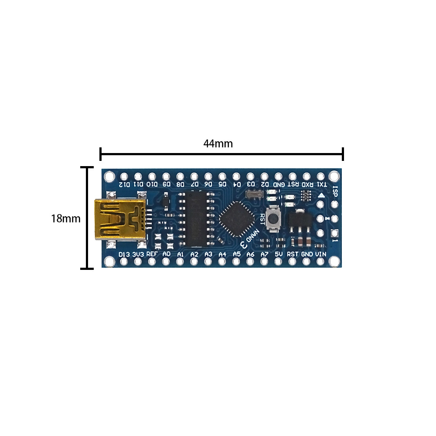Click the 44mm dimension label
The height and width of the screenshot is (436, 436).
[218, 144]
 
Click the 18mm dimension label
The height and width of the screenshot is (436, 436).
[66, 218]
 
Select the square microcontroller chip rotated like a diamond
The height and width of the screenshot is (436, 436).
[237, 219]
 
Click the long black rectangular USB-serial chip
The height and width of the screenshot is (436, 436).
[195, 218]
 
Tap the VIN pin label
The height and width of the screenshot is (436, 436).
[321, 254]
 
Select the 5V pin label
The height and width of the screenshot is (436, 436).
[279, 254]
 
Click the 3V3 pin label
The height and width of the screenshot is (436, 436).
[138, 254]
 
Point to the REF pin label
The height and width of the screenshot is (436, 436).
[152, 254]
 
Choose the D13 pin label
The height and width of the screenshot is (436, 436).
[124, 254]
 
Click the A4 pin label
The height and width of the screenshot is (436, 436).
[222, 254]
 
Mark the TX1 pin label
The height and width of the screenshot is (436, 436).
[321, 184]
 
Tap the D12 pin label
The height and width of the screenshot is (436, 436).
[124, 184]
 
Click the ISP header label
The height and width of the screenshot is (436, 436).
[335, 191]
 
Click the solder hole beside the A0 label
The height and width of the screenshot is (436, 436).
[166, 262]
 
